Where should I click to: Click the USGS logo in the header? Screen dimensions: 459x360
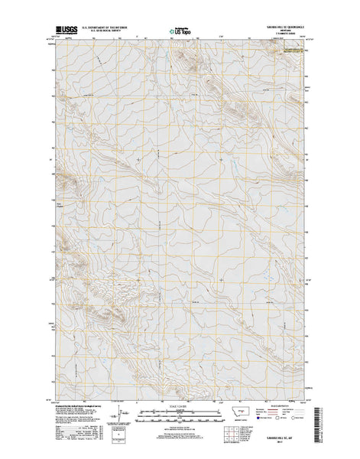point(66,31)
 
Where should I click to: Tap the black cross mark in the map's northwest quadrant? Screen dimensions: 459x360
point(138,159)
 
